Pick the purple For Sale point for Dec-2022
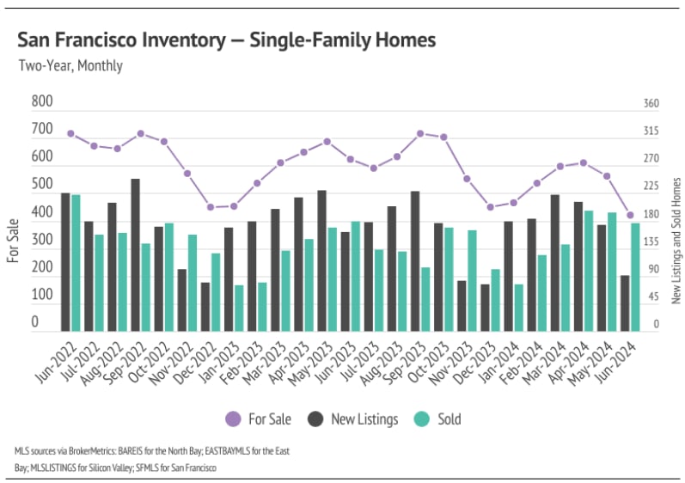[211, 207]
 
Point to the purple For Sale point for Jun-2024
[630, 216]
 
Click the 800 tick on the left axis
[42, 101]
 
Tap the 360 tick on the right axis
[651, 104]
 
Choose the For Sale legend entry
[259, 419]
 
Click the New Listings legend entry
[353, 419]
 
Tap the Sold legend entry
[438, 419]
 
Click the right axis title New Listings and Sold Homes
[676, 240]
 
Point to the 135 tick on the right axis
[651, 242]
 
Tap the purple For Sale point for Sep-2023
[420, 133]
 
